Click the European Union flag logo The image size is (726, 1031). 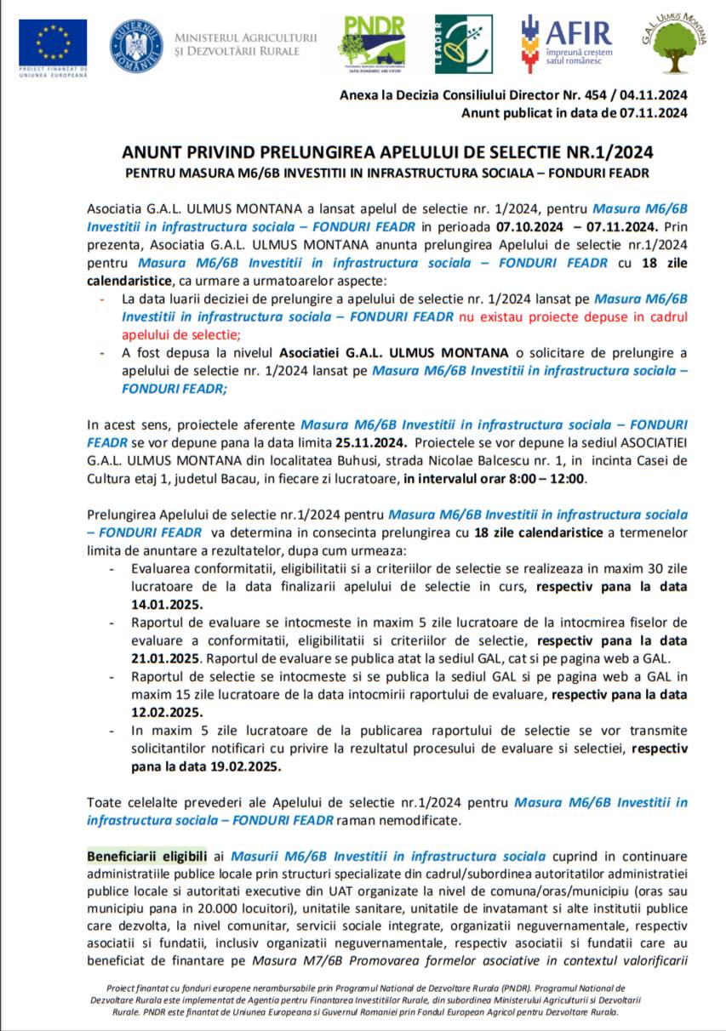click(53, 43)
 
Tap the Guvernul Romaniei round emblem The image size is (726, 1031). click(136, 45)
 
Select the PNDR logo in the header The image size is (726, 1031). click(372, 43)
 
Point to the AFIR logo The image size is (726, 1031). click(566, 43)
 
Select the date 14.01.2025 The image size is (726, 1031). click(168, 604)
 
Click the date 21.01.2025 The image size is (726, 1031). click(168, 658)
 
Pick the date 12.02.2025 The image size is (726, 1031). click(168, 712)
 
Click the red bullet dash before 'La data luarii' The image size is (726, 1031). click(102, 299)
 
